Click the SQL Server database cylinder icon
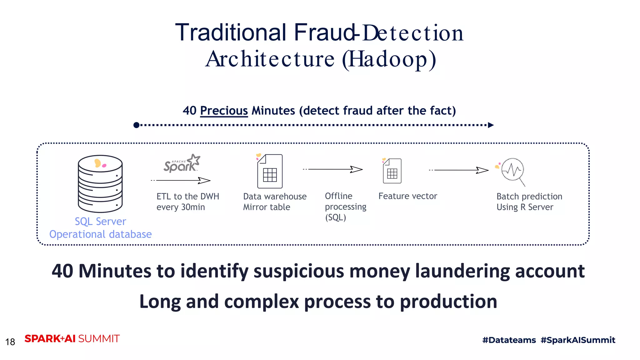coord(100,184)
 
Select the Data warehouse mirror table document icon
coord(270,171)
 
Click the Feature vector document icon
coord(392,171)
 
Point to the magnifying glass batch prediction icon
coord(512,171)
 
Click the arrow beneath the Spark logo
coord(181,180)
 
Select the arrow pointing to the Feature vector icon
coord(333,169)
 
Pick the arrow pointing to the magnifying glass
coord(459,170)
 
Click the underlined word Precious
coord(224,111)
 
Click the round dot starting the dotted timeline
coord(136,125)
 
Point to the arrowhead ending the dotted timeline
coord(491,125)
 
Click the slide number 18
coord(10,342)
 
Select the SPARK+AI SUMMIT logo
coord(72,339)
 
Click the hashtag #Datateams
coord(509,340)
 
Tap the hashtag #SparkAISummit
coord(578,340)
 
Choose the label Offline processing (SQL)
coord(345,207)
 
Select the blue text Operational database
coord(100,234)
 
